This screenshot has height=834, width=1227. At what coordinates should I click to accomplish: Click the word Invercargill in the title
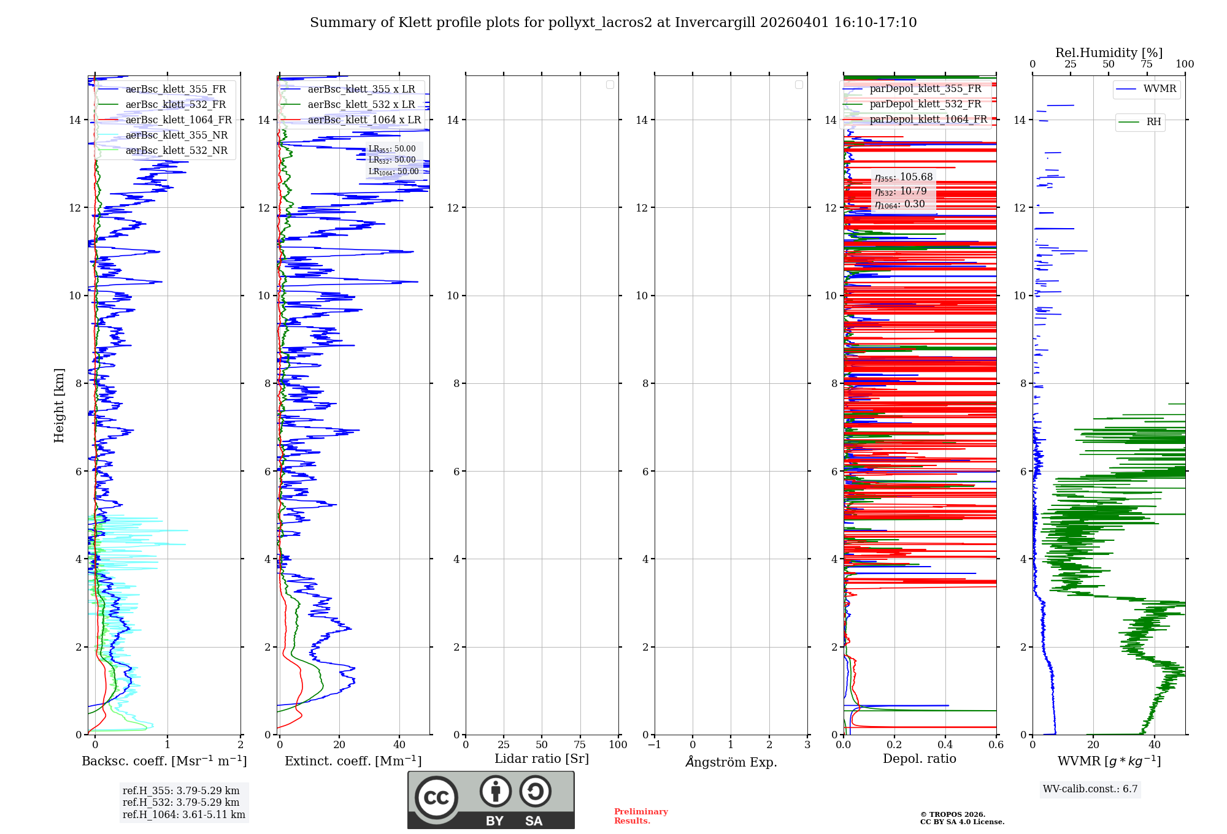point(714,23)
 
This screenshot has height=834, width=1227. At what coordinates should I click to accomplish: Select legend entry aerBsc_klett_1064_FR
point(178,120)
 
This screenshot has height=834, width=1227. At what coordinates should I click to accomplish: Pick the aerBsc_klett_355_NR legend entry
point(176,136)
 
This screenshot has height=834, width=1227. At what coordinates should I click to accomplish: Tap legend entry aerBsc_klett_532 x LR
point(361,105)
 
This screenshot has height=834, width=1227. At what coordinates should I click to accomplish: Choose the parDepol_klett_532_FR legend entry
point(925,104)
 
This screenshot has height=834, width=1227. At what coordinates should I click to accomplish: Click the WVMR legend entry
point(1159,89)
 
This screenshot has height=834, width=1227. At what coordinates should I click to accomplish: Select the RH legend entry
point(1153,122)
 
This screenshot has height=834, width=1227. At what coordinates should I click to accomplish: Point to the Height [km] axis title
point(59,405)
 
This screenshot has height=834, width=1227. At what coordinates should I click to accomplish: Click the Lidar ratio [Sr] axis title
point(541,759)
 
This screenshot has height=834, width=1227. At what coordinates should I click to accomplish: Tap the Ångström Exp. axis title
point(731,762)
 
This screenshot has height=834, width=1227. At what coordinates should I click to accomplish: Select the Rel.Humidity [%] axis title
point(1109,53)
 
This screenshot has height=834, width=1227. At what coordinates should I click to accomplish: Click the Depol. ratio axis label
point(919,759)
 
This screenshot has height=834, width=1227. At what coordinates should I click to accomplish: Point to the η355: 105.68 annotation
point(903,178)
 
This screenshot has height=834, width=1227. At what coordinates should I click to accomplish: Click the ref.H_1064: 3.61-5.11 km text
point(183,815)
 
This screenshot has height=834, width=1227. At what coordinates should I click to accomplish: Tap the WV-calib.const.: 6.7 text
point(1090,789)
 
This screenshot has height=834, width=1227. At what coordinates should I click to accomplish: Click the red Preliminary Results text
point(640,816)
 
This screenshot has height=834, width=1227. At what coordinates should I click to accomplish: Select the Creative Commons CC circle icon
point(436,798)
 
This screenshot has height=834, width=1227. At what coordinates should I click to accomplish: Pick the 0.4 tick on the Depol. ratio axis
point(945,745)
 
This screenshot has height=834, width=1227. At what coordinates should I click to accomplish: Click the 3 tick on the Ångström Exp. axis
point(807,745)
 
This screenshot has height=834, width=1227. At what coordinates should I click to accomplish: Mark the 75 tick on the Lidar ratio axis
point(580,745)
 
